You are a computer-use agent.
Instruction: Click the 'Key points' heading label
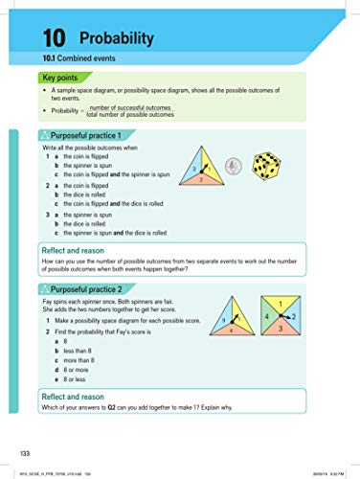coord(58,77)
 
